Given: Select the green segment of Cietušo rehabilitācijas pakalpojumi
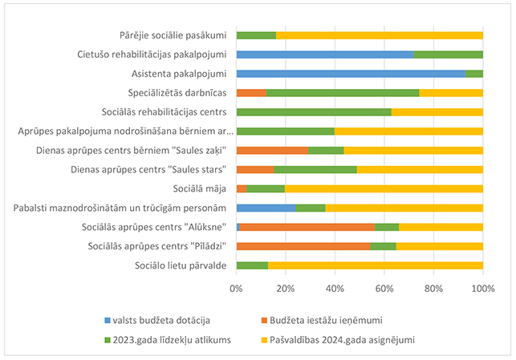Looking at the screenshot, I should [448, 55].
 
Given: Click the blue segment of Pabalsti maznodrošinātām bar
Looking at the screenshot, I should [266, 208].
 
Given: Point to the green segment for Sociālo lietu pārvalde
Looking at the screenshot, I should [251, 265].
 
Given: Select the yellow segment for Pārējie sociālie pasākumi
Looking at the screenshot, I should [379, 35].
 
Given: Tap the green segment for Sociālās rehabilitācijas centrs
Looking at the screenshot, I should [314, 112].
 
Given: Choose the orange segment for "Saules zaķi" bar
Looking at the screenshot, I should [272, 151].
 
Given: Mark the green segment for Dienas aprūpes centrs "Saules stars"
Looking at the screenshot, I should [315, 170].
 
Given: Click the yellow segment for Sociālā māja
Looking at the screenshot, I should [384, 188].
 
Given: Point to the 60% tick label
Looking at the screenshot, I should [384, 287].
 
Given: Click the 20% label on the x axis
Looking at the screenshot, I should [286, 287].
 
